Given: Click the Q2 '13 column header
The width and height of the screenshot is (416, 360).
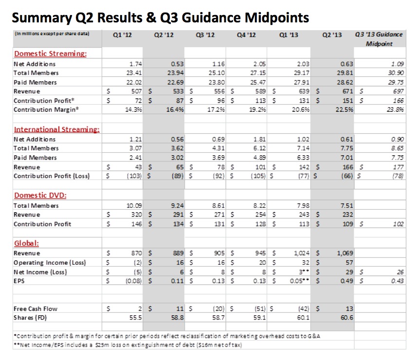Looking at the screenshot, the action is click(x=332, y=35).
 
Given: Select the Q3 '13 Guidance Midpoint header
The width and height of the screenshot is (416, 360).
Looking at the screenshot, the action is click(x=379, y=39).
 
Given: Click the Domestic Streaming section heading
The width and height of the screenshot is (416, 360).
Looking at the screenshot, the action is click(x=51, y=54).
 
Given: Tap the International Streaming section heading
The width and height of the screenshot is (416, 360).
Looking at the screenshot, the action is click(x=57, y=129).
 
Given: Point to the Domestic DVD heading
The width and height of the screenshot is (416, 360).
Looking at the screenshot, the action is click(x=40, y=195).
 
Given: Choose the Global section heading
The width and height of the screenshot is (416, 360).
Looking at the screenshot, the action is click(x=27, y=243).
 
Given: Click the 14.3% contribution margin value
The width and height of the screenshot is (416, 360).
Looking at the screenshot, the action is click(x=133, y=109).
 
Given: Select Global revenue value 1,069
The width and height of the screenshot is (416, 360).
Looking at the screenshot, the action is click(x=345, y=253).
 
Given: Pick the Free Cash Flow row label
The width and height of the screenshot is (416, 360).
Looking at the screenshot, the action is click(x=36, y=308).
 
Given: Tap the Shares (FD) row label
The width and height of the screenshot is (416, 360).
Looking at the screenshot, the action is click(x=30, y=318).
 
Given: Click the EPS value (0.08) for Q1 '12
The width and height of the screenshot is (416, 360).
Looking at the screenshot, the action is click(x=134, y=281).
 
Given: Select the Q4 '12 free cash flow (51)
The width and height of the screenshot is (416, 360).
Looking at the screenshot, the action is click(x=260, y=309).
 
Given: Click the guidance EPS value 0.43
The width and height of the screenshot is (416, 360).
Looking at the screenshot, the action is click(x=397, y=281).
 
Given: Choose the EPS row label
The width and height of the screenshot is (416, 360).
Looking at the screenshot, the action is click(x=19, y=281).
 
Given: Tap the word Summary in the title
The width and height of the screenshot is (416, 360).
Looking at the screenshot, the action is click(x=42, y=18).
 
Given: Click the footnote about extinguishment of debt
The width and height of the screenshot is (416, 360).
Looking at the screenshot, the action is click(x=128, y=345).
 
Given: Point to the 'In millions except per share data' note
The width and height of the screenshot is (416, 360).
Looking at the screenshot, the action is click(x=52, y=34).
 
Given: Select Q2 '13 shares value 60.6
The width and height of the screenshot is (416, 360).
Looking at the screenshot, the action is click(x=347, y=318).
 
